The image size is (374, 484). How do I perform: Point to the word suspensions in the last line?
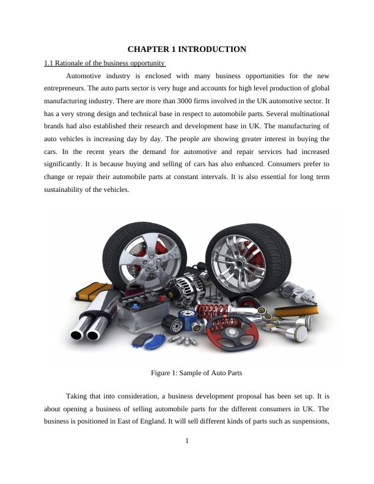[x=312, y=421]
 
